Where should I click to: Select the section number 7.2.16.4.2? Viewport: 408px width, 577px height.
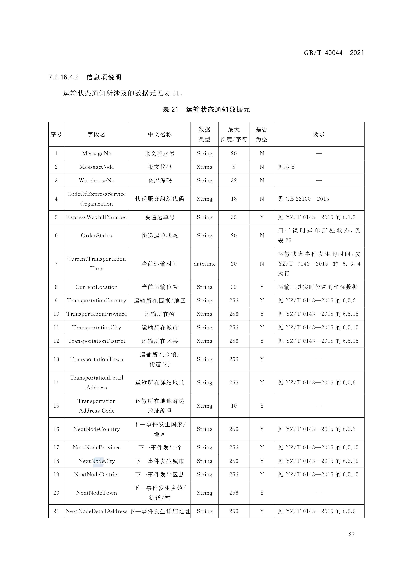click(64, 77)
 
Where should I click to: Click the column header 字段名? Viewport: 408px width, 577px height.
click(96, 134)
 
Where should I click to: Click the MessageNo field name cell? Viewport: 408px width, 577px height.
click(96, 154)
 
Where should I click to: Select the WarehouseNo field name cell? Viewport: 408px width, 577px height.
click(96, 180)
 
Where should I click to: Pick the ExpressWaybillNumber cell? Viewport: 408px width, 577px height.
click(96, 217)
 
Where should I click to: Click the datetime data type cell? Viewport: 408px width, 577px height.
click(204, 264)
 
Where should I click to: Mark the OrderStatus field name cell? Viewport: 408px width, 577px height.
click(96, 235)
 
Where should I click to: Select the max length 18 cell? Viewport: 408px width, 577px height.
click(234, 199)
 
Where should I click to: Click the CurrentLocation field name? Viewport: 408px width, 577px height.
click(96, 287)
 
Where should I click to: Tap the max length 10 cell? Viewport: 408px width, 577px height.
click(234, 406)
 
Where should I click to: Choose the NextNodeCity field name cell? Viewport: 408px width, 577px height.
click(96, 461)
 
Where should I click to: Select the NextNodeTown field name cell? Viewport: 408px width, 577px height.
click(96, 493)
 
